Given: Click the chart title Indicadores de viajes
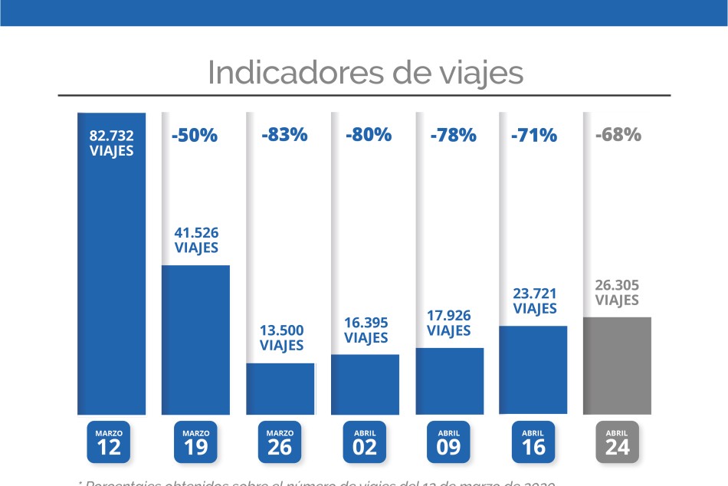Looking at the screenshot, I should click(x=365, y=73).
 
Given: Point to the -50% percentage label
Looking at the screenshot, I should click(x=195, y=136).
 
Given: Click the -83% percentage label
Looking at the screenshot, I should click(x=284, y=135).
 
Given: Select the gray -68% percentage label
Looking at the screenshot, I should click(x=618, y=135).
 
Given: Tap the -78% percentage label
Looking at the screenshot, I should click(x=453, y=136).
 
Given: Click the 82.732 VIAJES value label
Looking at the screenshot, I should click(x=112, y=143).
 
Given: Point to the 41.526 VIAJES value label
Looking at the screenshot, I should click(x=196, y=239).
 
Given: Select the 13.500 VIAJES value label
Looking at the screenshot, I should click(x=282, y=337).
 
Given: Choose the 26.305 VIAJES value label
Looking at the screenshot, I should click(x=617, y=292).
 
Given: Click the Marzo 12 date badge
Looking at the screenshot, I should click(x=109, y=442).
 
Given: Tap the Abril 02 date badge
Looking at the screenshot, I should click(x=365, y=442).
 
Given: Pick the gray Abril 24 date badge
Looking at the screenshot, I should click(x=617, y=442).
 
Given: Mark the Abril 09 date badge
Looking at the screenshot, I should click(x=449, y=442).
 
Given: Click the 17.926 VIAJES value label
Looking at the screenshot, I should click(x=449, y=323).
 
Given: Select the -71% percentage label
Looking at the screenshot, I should click(x=533, y=136).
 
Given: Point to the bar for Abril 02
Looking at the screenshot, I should click(x=365, y=384).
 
